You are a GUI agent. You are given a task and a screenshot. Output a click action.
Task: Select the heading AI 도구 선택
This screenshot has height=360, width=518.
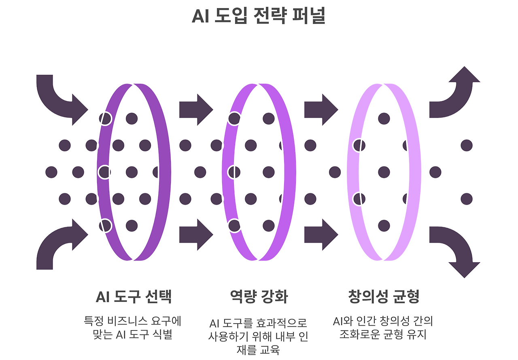click(134, 297)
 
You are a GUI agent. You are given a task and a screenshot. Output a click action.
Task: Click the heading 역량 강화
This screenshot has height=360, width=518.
click(259, 297)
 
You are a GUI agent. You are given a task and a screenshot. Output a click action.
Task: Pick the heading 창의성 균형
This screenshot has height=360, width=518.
click(384, 297)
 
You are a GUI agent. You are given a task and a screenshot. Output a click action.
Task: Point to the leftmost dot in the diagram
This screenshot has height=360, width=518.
click(51, 172)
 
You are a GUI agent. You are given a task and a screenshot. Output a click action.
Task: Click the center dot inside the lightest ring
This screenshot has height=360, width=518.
click(384, 172)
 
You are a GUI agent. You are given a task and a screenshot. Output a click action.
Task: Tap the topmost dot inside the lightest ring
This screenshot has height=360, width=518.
click(384, 119)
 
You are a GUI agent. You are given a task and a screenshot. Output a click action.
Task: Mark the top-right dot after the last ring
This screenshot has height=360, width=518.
click(467, 145)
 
